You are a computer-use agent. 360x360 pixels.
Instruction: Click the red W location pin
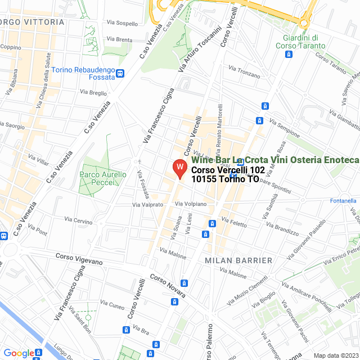click(x=179, y=168)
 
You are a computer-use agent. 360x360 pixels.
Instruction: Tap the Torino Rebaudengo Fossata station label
click(x=83, y=74)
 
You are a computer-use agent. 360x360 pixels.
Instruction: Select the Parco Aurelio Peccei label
click(x=104, y=179)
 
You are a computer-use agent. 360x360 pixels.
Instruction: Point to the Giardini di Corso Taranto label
click(x=300, y=42)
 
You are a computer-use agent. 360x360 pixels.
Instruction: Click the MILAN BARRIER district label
click(x=238, y=260)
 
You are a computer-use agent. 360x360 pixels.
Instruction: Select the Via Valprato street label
click(x=147, y=205)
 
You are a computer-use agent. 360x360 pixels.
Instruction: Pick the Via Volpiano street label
click(x=191, y=204)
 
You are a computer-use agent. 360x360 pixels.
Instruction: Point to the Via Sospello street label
click(x=122, y=23)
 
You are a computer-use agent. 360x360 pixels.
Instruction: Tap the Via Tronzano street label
click(x=245, y=73)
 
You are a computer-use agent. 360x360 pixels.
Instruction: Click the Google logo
click(x=19, y=353)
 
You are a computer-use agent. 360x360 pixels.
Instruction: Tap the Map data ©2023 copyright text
click(x=335, y=355)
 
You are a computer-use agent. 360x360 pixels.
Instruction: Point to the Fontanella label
click(x=343, y=201)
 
